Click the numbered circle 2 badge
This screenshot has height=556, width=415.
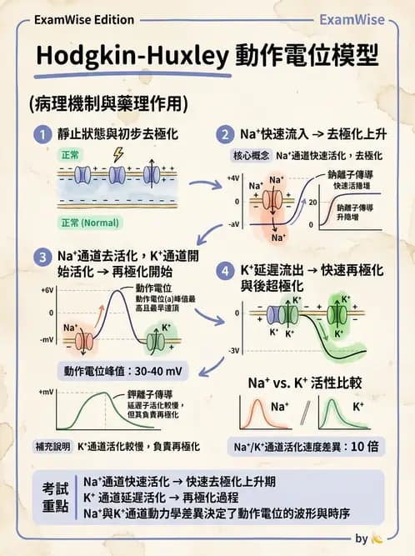click(x=224, y=133)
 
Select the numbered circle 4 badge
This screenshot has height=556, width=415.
click(x=224, y=272)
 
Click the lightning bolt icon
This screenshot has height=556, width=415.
click(x=116, y=155)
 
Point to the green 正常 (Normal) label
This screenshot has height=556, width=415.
click(x=89, y=223)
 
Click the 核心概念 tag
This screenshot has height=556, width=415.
click(x=249, y=156)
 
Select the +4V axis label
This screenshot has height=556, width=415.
click(x=233, y=178)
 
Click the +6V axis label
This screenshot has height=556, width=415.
click(x=47, y=289)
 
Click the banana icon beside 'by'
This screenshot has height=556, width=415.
click(x=377, y=539)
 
